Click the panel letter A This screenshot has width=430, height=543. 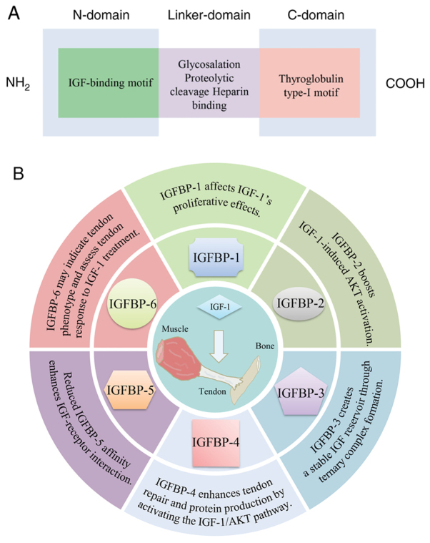(13, 14)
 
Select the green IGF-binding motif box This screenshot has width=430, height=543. (107, 83)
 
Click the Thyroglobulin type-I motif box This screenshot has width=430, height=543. (309, 83)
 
